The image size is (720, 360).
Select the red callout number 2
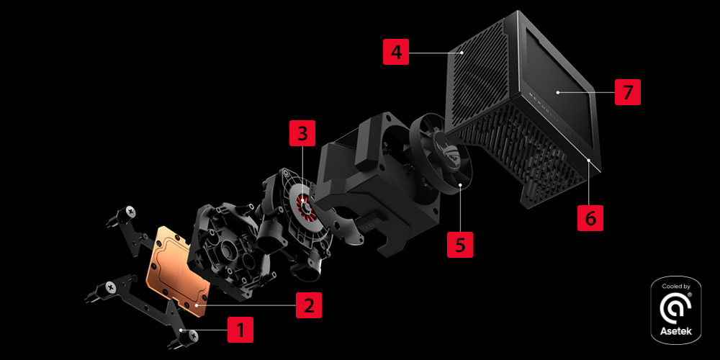pyautogui.click(x=309, y=305)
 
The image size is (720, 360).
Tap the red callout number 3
pyautogui.click(x=302, y=133)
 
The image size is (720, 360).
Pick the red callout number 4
pyautogui.click(x=396, y=53)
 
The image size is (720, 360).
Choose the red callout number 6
pyautogui.click(x=590, y=218)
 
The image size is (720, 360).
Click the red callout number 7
pyautogui.click(x=628, y=92)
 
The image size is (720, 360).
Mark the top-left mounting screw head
pyautogui.click(x=130, y=212)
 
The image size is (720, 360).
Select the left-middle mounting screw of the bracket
pyautogui.click(x=98, y=293)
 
